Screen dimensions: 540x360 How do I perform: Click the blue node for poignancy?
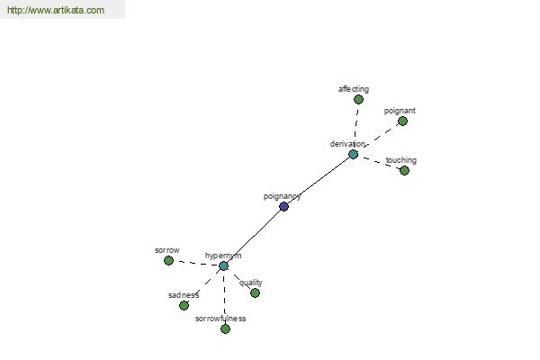click(283, 207)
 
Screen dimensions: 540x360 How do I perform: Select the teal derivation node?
click(354, 154)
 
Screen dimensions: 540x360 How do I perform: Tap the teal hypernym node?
click(224, 266)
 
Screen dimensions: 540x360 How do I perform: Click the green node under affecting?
click(358, 100)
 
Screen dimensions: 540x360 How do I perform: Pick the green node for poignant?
click(402, 121)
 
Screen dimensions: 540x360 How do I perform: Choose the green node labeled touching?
click(405, 170)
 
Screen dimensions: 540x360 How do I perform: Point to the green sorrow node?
click(168, 261)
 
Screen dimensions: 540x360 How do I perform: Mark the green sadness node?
click(184, 306)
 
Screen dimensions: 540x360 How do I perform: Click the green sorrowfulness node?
click(225, 329)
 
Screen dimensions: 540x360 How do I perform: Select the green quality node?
click(256, 293)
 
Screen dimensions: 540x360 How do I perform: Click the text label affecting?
click(354, 89)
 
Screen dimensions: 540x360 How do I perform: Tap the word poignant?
click(400, 111)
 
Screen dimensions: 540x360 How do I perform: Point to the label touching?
click(401, 160)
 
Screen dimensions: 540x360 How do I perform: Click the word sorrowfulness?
click(220, 319)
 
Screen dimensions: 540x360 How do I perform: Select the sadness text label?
click(184, 295)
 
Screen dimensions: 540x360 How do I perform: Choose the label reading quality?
click(251, 283)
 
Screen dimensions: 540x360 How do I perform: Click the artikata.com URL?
click(56, 10)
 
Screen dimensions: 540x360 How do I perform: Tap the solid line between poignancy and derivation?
click(319, 181)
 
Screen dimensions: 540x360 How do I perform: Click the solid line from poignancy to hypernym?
click(254, 237)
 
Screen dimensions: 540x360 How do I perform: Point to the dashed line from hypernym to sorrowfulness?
click(224, 297)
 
